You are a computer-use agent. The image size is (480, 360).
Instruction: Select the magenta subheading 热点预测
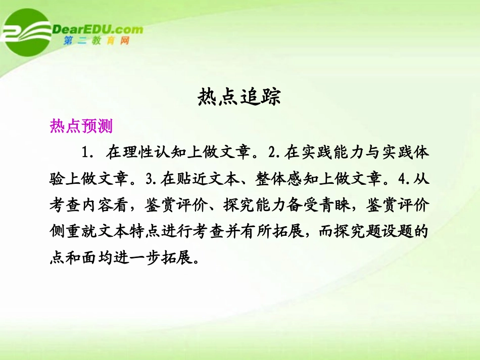point(81,126)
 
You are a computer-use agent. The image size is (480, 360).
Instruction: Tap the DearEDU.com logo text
point(98,29)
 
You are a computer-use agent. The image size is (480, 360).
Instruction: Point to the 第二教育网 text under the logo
point(96,41)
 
